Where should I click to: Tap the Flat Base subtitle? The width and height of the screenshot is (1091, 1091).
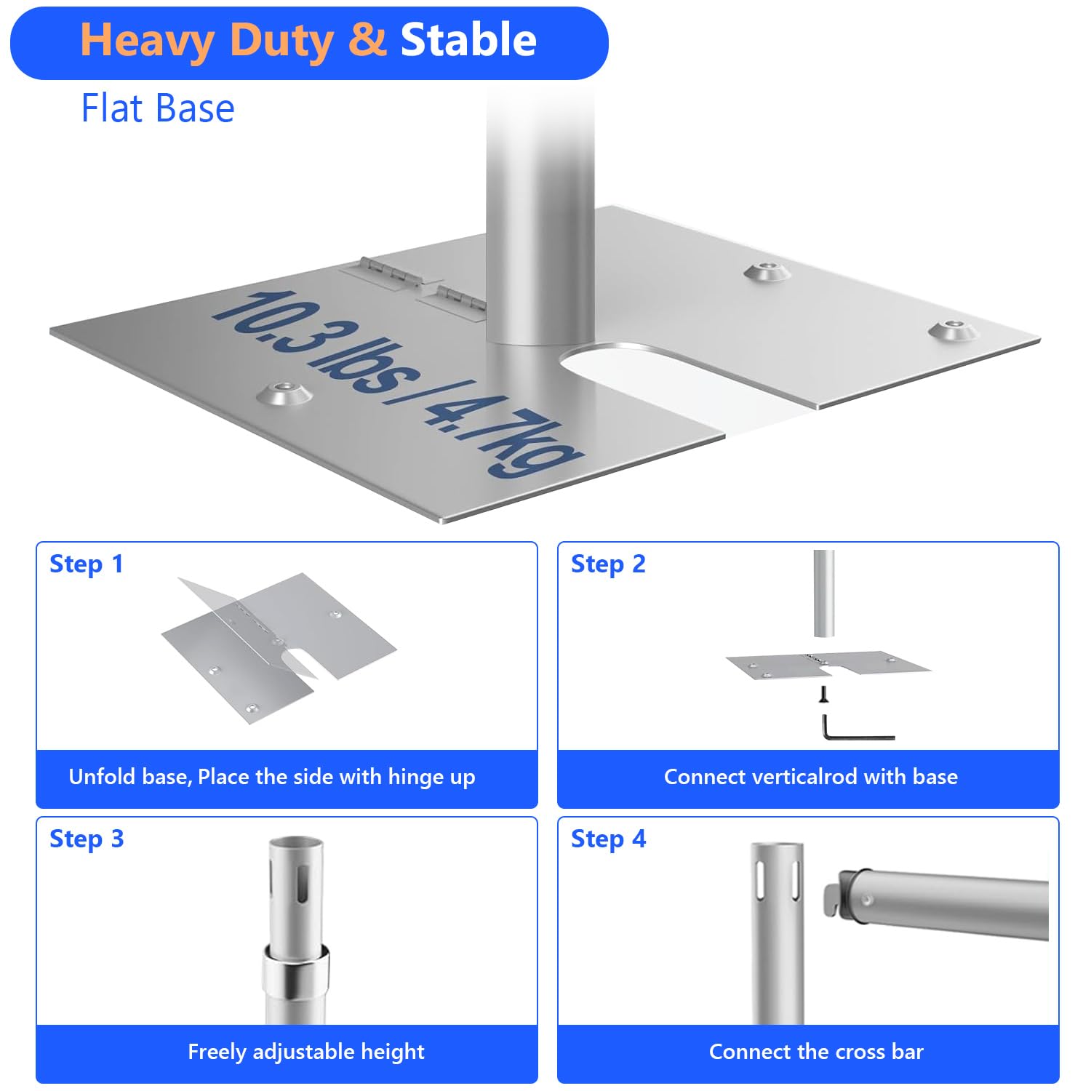click(x=158, y=108)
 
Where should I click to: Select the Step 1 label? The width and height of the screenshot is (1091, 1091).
click(x=87, y=564)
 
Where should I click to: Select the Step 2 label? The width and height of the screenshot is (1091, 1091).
click(x=608, y=564)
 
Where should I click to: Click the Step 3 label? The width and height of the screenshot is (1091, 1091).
click(x=87, y=839)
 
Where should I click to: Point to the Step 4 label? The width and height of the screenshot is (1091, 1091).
click(x=608, y=839)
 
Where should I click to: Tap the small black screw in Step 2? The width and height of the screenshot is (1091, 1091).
click(x=824, y=694)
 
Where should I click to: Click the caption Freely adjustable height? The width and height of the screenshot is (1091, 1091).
click(x=306, y=1052)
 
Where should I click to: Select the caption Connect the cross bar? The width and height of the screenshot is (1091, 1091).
click(x=816, y=1052)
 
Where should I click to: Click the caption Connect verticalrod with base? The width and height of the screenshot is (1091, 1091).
click(x=811, y=777)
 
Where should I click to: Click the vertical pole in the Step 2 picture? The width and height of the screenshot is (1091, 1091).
click(x=823, y=594)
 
